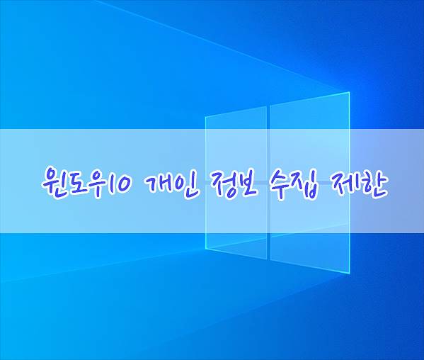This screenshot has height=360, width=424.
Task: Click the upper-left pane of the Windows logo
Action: [236, 144]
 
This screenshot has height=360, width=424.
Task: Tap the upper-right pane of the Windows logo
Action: [310, 137]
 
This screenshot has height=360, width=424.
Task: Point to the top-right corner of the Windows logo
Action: [350, 92]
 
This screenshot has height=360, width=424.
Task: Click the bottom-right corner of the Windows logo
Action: [350, 274]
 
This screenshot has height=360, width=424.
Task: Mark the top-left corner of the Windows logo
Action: [205, 117]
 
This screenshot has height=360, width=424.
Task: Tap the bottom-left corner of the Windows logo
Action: [205, 248]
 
